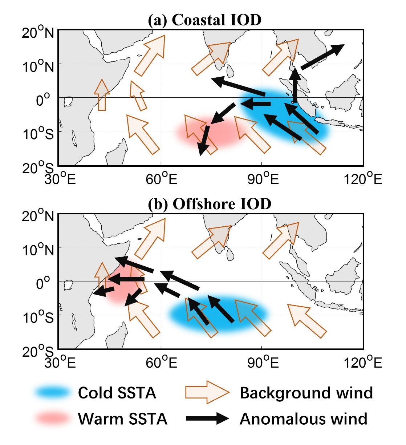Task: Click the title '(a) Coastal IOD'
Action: (x=204, y=20)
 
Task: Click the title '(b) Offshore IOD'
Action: (x=210, y=204)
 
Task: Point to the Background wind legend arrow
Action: (x=207, y=392)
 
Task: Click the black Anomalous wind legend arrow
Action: (x=207, y=418)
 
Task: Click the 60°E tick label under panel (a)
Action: (x=161, y=179)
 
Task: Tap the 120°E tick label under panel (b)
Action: (x=363, y=362)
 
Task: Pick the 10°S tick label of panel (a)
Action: (x=38, y=134)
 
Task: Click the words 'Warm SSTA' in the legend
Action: (x=122, y=419)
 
